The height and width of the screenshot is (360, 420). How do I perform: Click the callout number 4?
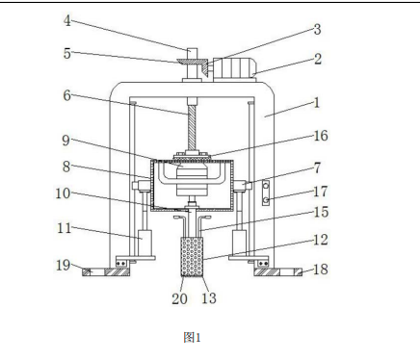[x=66, y=21]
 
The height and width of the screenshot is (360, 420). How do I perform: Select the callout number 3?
[x=317, y=29]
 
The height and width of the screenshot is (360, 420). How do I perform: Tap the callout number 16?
[x=321, y=136]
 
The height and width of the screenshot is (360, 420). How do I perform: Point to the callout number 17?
[x=321, y=192]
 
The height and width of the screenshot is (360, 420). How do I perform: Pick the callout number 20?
[x=179, y=299]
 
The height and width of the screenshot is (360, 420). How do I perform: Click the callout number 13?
[x=209, y=298]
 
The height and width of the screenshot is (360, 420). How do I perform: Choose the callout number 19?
[x=63, y=266]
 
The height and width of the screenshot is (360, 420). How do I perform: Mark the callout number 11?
[x=64, y=228]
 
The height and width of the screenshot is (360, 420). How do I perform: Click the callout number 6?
[x=66, y=95]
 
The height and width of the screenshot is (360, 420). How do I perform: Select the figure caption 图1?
[x=192, y=337]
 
